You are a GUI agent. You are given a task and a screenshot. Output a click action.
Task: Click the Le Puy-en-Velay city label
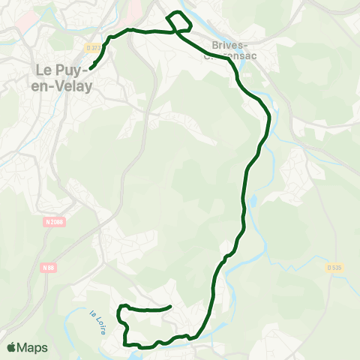[64, 78]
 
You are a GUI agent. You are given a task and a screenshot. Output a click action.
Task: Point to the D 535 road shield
[334, 266]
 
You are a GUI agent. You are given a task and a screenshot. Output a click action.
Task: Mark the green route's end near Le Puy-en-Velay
[91, 68]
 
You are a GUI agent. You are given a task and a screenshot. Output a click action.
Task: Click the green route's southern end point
[171, 306]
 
